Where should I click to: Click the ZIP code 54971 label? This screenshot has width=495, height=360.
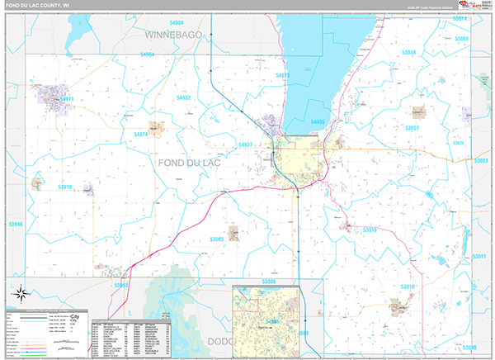click(x=66, y=99)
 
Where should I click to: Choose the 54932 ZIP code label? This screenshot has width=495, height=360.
click(x=183, y=97)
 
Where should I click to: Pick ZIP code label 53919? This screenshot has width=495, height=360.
click(x=65, y=187)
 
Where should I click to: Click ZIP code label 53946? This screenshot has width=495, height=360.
click(x=15, y=224)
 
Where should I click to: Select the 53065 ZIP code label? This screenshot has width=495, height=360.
click(x=217, y=239)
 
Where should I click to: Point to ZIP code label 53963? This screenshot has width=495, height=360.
click(x=120, y=286)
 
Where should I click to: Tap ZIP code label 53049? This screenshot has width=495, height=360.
click(x=409, y=53)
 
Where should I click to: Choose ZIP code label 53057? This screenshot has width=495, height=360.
click(x=412, y=128)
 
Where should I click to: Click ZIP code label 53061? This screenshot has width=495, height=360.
click(x=462, y=39)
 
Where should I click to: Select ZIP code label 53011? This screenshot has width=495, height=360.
click(x=478, y=257)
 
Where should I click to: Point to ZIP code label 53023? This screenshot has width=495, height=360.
click(x=481, y=161)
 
